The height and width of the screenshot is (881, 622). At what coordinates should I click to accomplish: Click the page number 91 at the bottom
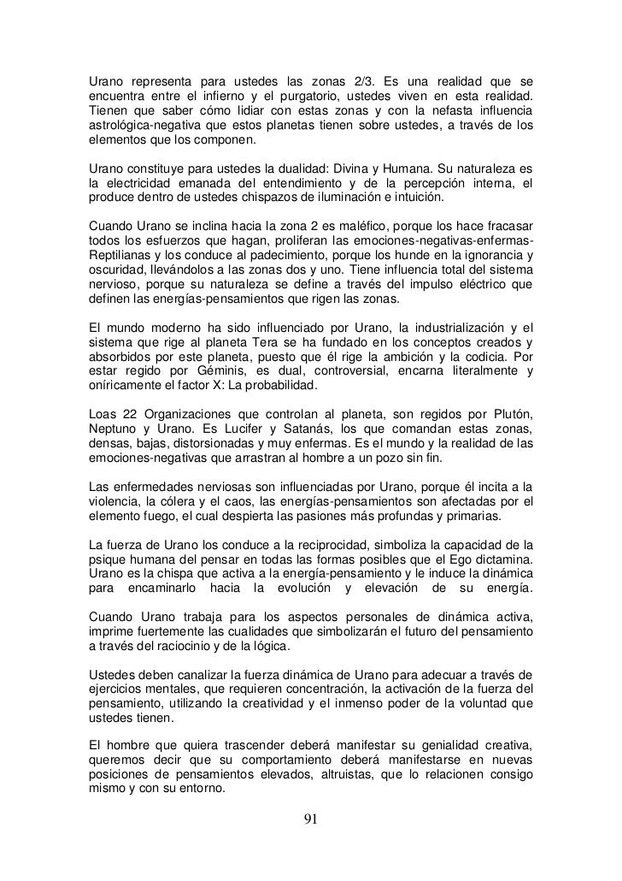pyautogui.click(x=311, y=819)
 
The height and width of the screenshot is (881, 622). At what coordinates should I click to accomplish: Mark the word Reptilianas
pyautogui.click(x=125, y=257)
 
